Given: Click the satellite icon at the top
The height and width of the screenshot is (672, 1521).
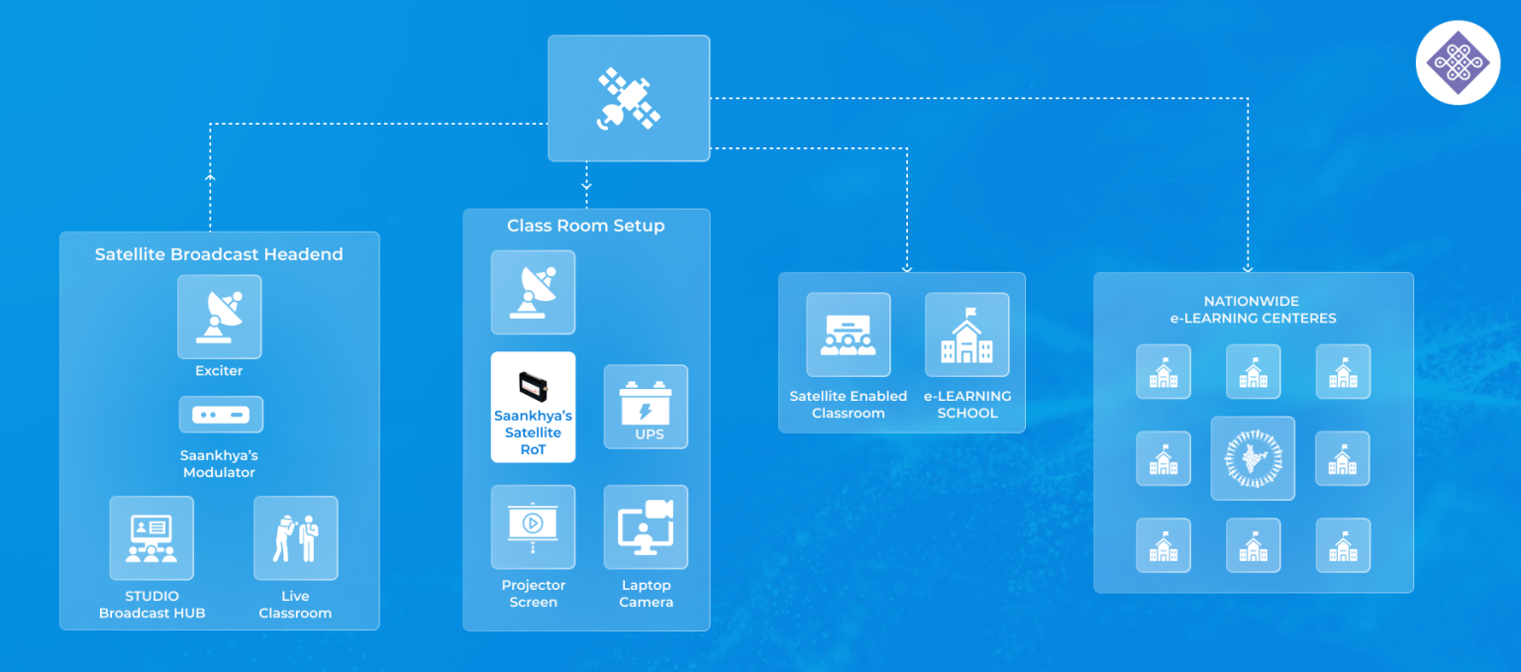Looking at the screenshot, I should click(629, 98).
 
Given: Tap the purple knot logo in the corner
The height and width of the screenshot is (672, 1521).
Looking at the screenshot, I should click(1458, 62).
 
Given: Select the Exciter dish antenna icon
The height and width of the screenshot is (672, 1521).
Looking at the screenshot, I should click(219, 317).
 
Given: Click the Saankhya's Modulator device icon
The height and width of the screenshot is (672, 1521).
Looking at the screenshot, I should click(221, 414).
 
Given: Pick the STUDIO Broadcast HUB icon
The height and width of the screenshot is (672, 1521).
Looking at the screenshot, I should click(152, 538).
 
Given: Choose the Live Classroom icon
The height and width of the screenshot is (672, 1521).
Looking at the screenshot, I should click(295, 538).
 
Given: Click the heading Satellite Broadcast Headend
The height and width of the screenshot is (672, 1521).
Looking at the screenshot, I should click(219, 254).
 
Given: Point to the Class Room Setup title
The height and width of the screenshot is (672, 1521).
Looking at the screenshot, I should click(585, 226).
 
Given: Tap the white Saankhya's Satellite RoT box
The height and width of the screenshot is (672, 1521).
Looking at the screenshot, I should click(533, 407).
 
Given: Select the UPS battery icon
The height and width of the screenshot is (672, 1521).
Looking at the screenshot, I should click(646, 407).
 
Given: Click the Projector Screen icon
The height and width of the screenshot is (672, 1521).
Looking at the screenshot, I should click(533, 527).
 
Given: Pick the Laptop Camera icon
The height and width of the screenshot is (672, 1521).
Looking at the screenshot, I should click(646, 527).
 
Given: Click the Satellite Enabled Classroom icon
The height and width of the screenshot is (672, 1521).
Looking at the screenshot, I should click(848, 335).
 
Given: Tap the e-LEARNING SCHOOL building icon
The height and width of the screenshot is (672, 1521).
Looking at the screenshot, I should click(966, 335).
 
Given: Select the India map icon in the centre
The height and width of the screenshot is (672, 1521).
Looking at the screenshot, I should click(1253, 458).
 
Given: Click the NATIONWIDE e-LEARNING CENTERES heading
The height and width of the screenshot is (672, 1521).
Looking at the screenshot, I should click(1252, 310).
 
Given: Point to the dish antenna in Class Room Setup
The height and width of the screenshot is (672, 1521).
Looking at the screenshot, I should click(533, 292).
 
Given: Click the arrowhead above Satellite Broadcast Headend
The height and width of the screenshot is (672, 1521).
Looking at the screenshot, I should click(210, 177).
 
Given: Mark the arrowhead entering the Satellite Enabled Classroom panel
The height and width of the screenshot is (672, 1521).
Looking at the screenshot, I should click(907, 267).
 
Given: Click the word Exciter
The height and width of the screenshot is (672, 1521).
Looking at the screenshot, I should click(219, 371).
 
